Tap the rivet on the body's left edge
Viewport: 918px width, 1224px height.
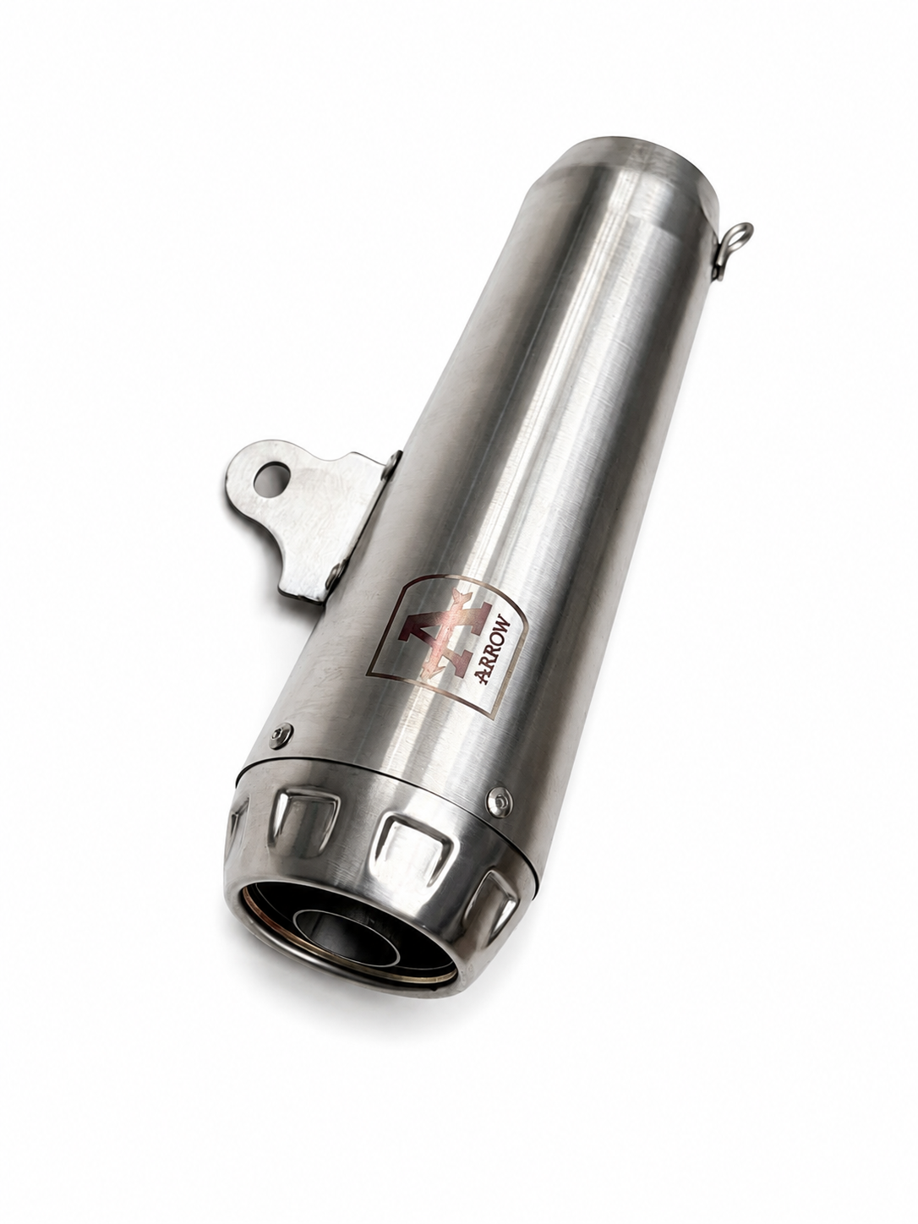click(281, 736)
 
